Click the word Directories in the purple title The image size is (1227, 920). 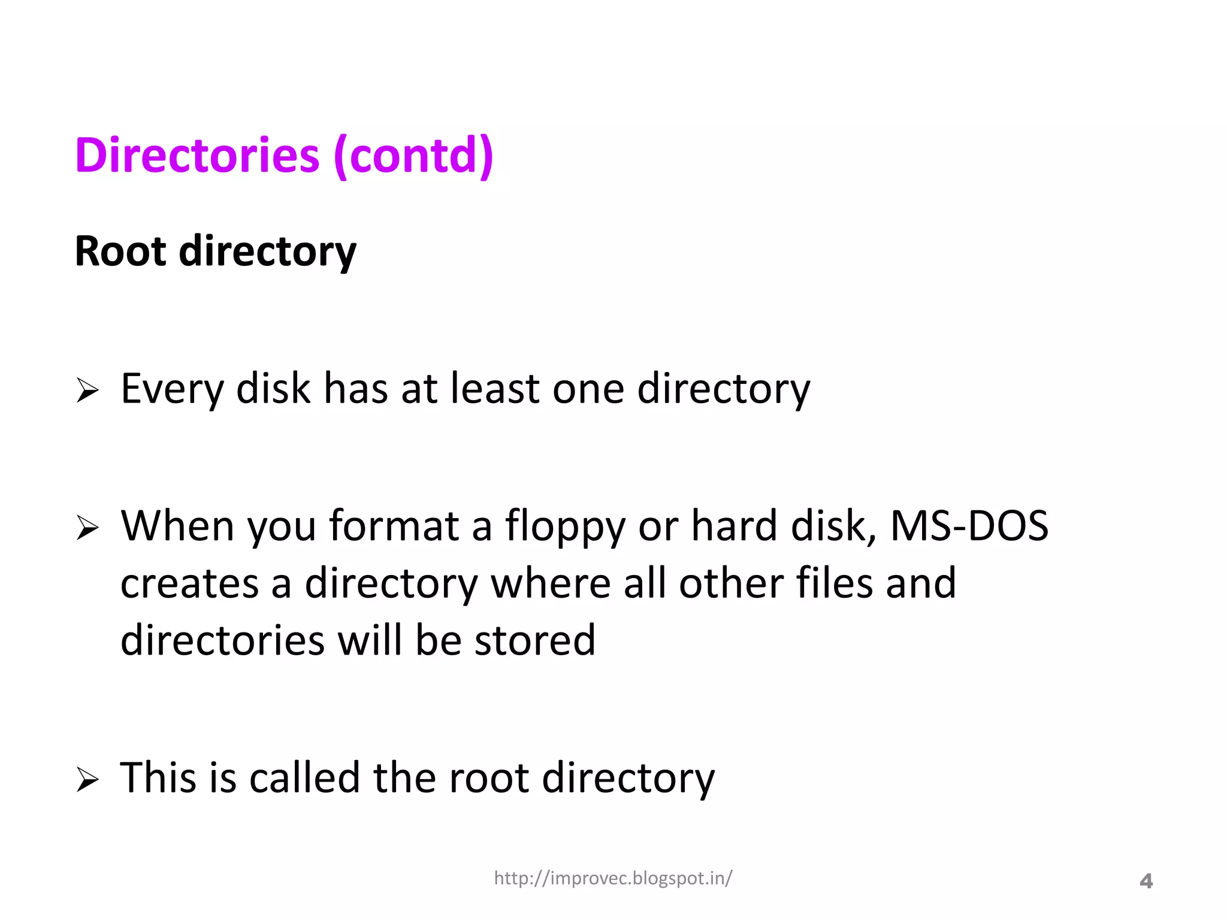coord(197,155)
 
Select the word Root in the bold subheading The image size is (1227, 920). coord(120,251)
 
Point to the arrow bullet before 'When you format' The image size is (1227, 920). coord(87,528)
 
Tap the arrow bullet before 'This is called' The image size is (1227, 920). coord(87,779)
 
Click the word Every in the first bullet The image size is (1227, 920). coord(172,389)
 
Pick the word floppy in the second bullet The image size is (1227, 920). coord(564,526)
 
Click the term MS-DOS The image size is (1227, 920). coord(969,525)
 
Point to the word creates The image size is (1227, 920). coord(190,583)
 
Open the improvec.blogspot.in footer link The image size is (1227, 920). coord(613,878)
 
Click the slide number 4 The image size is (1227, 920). coord(1146,881)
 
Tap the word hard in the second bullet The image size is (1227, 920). coord(735,525)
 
